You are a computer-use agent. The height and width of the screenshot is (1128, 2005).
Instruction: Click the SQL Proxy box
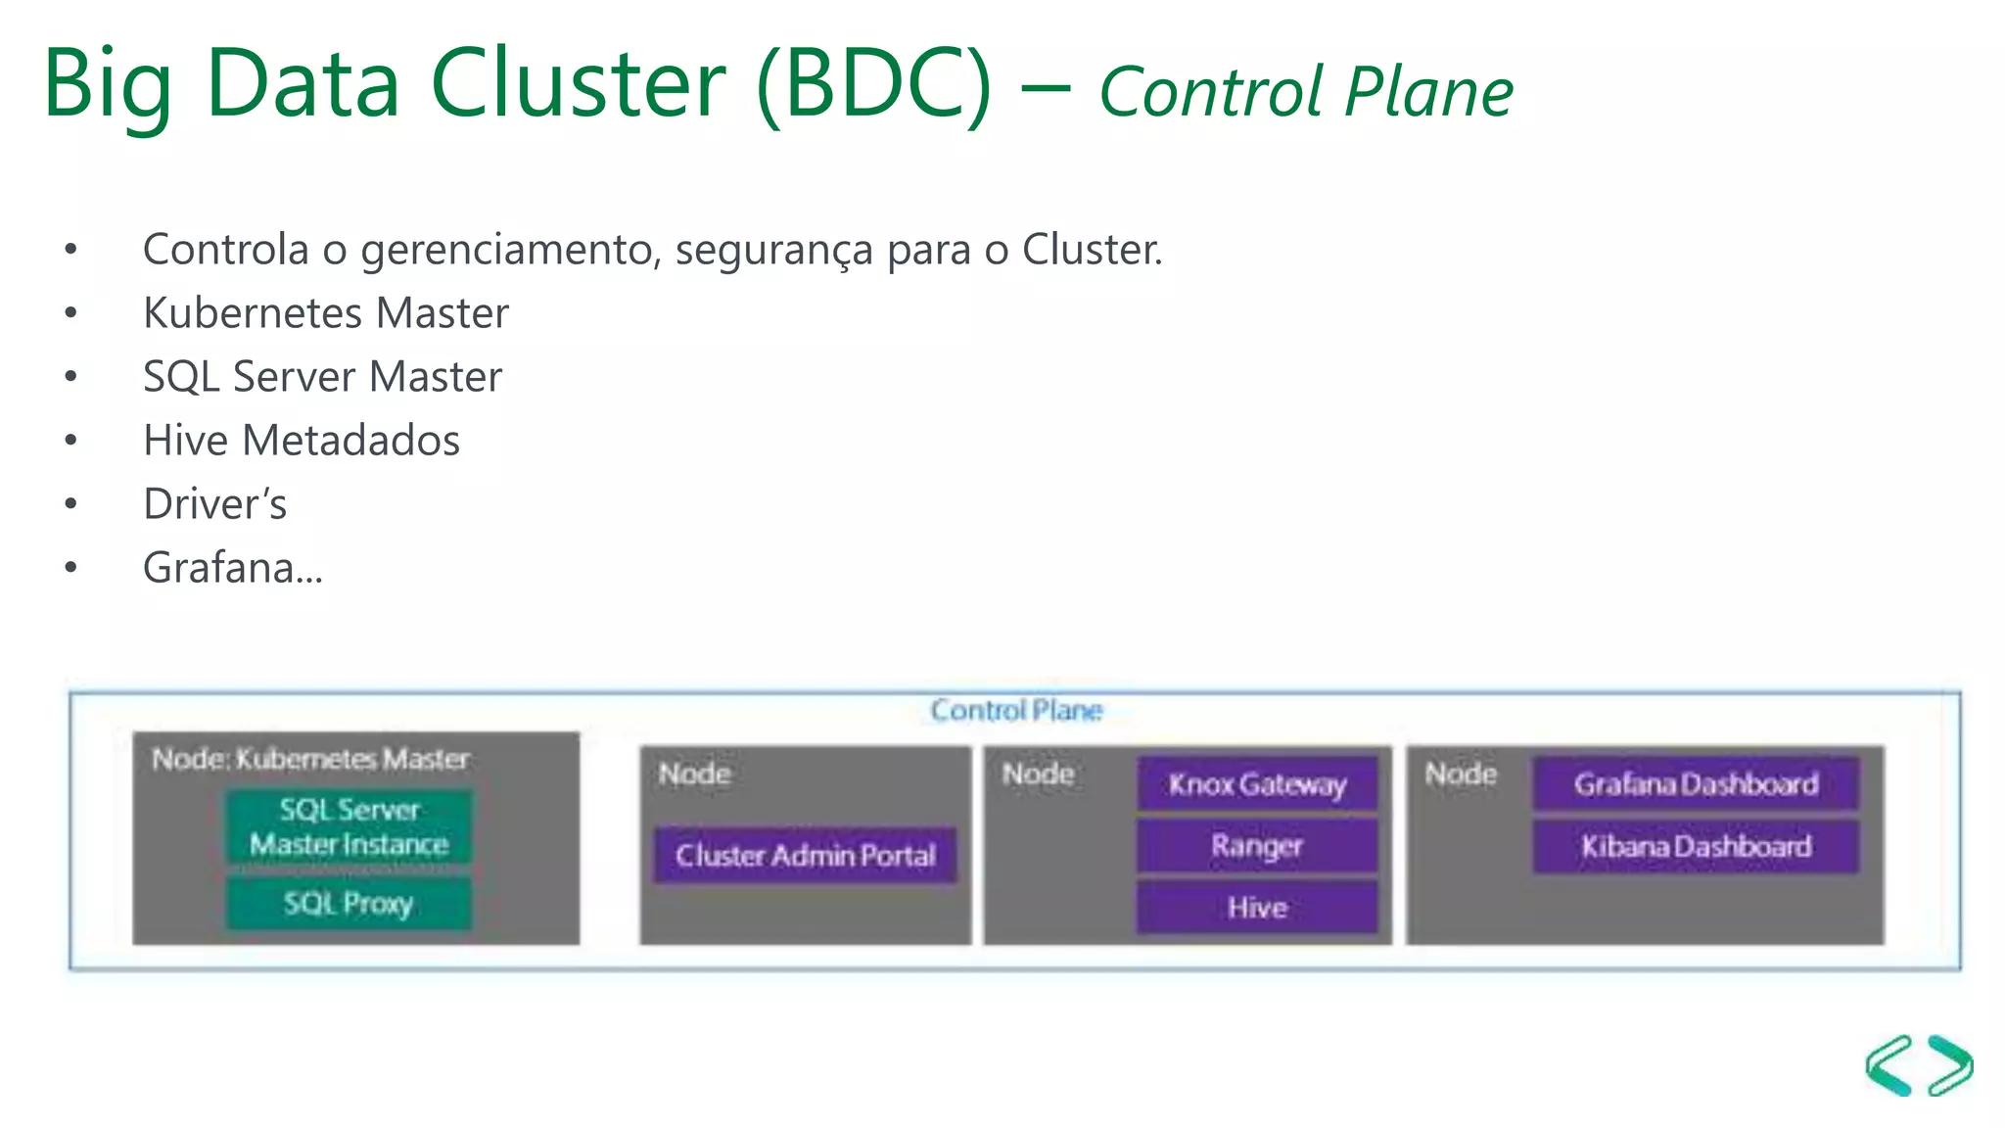(x=349, y=903)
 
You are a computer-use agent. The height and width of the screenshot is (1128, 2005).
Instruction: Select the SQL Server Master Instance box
(x=349, y=827)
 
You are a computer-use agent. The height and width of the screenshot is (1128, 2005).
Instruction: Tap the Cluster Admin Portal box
(x=805, y=855)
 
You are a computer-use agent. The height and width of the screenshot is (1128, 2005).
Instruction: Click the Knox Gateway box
(x=1257, y=783)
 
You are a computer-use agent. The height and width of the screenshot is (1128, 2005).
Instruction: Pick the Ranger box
(x=1257, y=845)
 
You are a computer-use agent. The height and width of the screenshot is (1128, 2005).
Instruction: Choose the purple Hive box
(x=1257, y=908)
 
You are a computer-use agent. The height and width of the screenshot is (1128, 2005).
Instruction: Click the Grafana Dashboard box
(x=1696, y=783)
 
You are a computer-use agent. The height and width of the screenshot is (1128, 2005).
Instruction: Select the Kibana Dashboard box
(x=1696, y=846)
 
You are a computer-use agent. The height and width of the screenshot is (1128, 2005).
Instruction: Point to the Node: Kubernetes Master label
(x=310, y=759)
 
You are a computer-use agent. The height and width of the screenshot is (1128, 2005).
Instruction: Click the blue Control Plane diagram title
(x=1016, y=710)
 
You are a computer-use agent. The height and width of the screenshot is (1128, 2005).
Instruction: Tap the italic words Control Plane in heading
(x=1306, y=92)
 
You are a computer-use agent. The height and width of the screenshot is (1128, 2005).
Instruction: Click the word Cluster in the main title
(x=578, y=84)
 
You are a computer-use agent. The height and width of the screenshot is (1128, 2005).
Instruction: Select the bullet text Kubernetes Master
(x=326, y=313)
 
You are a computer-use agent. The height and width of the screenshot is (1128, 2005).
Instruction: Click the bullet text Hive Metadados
(x=302, y=441)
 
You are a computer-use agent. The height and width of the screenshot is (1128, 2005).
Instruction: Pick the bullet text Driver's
(x=215, y=504)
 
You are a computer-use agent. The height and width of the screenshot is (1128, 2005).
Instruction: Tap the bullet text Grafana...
(x=233, y=568)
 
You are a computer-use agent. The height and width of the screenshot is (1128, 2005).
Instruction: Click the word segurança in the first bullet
(x=773, y=250)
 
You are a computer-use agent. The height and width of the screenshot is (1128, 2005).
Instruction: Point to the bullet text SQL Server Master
(x=322, y=377)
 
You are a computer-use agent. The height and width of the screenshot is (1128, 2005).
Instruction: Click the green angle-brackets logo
(x=1919, y=1065)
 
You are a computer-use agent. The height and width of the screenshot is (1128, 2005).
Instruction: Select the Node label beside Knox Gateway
(x=1038, y=775)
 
